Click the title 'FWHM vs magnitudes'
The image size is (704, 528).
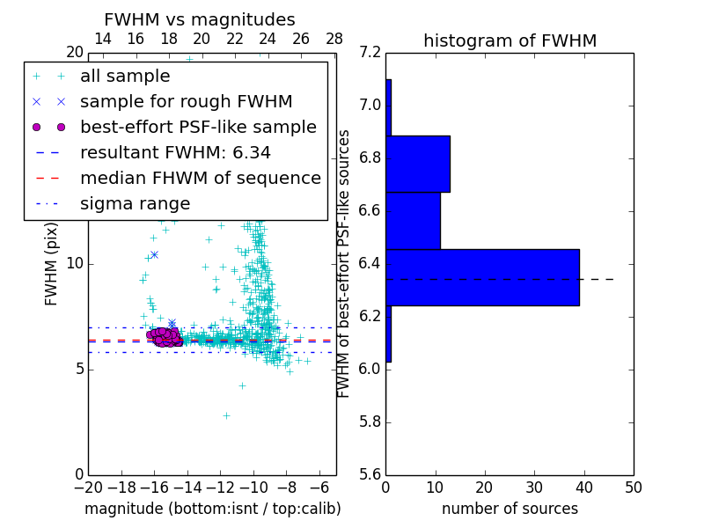[200, 20]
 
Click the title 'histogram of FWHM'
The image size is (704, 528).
[510, 41]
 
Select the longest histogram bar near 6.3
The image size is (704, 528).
[482, 277]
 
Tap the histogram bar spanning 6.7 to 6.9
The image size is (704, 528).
[418, 164]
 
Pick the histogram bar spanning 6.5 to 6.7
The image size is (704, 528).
[413, 220]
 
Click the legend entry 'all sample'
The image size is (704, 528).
[125, 77]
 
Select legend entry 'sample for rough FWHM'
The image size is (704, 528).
[186, 102]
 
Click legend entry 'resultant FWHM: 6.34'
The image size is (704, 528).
[175, 152]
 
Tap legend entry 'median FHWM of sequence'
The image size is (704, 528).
[200, 178]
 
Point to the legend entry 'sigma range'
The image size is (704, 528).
[135, 203]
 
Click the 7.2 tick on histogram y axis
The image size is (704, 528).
[370, 53]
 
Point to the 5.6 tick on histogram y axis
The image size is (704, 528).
[370, 474]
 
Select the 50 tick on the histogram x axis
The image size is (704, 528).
[633, 487]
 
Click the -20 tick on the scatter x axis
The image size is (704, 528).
[88, 487]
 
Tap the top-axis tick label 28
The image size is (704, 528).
[334, 39]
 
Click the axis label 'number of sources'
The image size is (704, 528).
[510, 509]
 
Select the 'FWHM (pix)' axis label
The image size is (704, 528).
[52, 264]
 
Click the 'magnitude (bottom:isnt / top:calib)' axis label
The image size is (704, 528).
[212, 509]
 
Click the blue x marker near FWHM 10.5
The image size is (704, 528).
[154, 254]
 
